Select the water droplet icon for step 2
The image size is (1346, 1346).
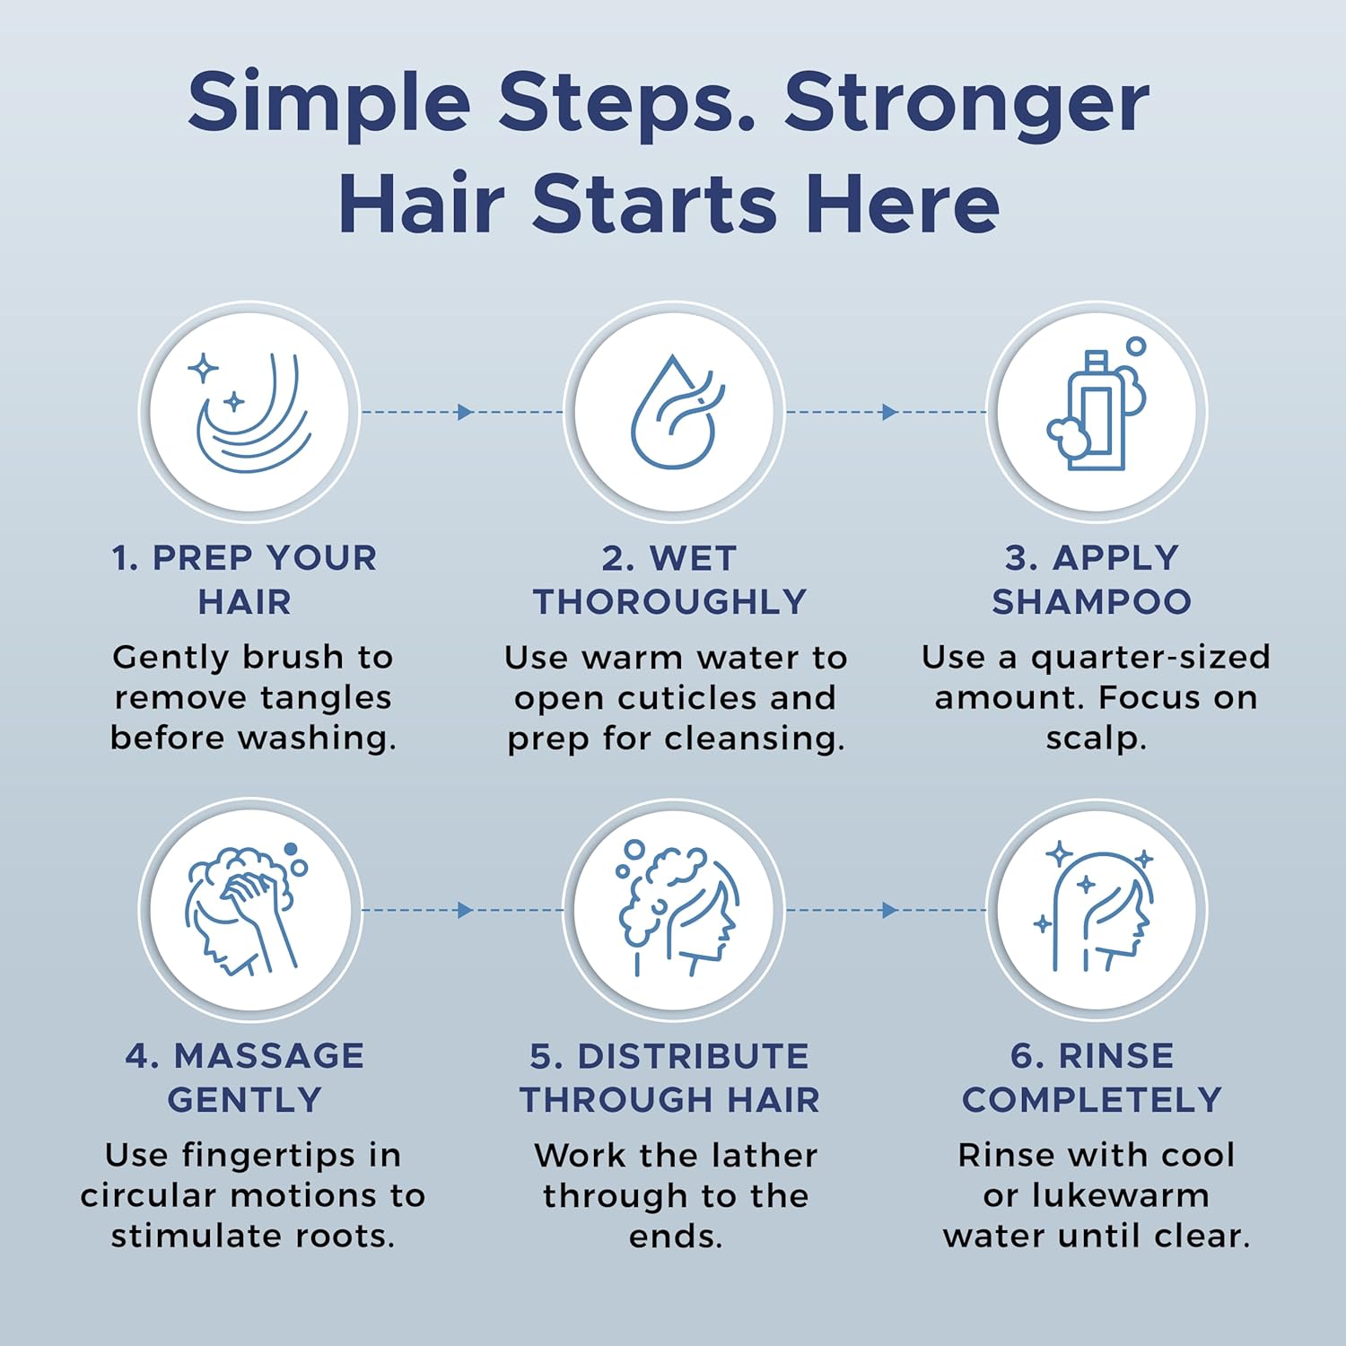point(676,412)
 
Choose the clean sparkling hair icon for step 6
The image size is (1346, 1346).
point(1094,908)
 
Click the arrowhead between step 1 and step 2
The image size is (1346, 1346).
point(465,412)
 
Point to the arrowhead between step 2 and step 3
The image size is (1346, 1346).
point(889,412)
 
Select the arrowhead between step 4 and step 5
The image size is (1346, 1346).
point(465,910)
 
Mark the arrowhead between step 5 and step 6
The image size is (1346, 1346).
point(889,910)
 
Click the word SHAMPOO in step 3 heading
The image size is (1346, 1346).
point(1092,601)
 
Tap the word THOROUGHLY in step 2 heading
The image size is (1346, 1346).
point(670,601)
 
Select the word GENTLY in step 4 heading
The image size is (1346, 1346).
point(245,1099)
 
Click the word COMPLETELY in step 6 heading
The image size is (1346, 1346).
point(1092,1099)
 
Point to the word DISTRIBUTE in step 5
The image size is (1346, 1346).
point(693,1056)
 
